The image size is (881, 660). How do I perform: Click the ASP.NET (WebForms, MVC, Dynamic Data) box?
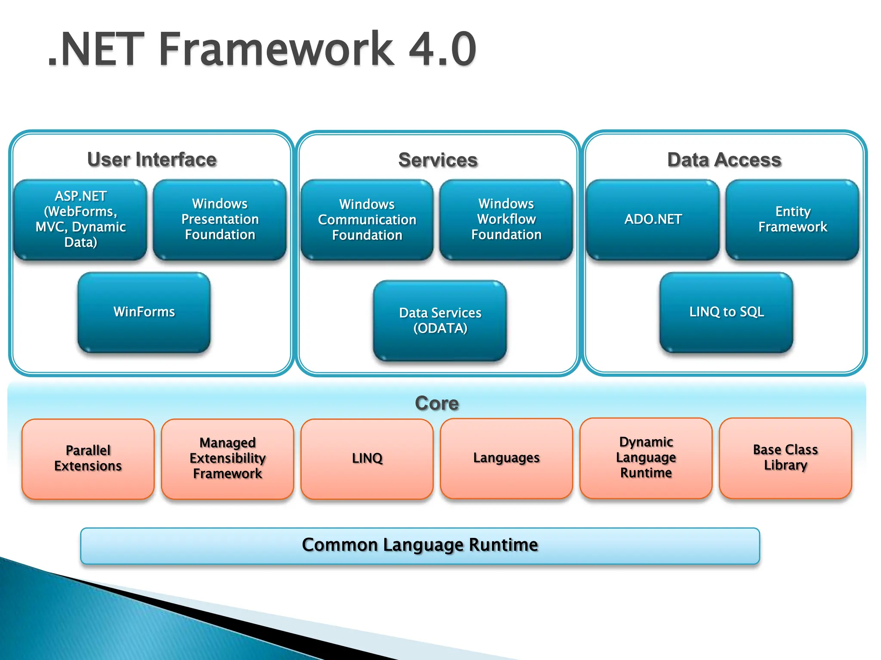(80, 220)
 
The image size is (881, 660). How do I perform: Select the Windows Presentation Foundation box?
(220, 220)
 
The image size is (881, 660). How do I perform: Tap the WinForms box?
(144, 312)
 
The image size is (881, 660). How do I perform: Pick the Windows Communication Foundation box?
(367, 220)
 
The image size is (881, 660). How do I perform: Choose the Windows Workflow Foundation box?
(506, 220)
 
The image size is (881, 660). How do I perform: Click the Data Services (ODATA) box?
(440, 321)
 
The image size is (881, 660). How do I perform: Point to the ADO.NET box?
(653, 220)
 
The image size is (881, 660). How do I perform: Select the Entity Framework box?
(792, 220)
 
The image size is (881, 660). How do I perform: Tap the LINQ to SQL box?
(727, 312)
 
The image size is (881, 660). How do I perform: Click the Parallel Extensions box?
(88, 458)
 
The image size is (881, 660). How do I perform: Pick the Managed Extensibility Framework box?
(228, 458)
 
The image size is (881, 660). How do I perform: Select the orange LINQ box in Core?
(367, 458)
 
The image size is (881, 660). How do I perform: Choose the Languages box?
(506, 458)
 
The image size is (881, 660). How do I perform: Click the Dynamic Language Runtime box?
(646, 458)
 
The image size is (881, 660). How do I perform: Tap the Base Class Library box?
(785, 458)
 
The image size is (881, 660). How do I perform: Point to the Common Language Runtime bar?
(420, 545)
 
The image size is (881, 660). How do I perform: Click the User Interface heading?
(152, 160)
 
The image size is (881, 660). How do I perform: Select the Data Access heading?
(724, 160)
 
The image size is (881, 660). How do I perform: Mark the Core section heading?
(437, 403)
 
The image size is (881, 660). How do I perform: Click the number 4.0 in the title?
(442, 49)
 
